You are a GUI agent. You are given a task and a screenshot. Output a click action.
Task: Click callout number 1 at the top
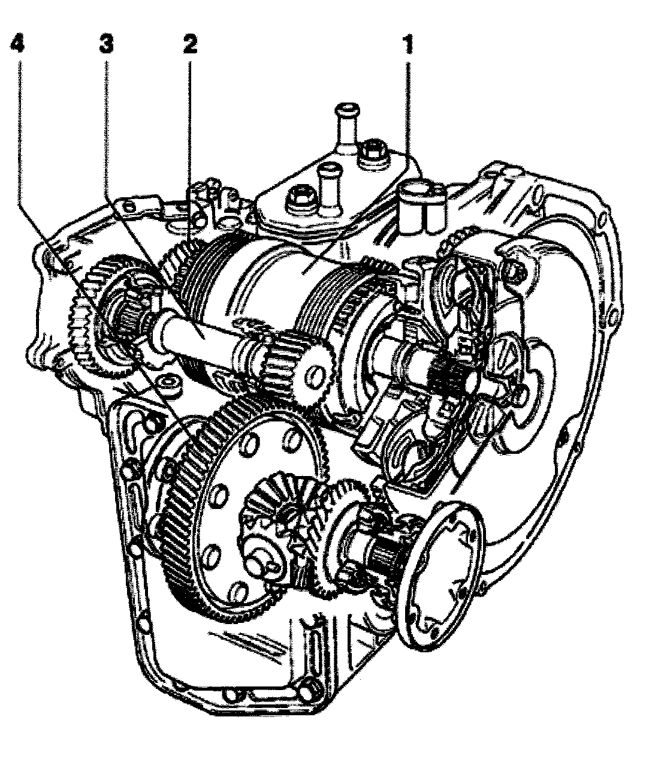(408, 44)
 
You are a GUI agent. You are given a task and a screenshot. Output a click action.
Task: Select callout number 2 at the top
(190, 44)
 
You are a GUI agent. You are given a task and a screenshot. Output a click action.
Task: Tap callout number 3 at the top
(107, 44)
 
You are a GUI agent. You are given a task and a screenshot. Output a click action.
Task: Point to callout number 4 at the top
(17, 44)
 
